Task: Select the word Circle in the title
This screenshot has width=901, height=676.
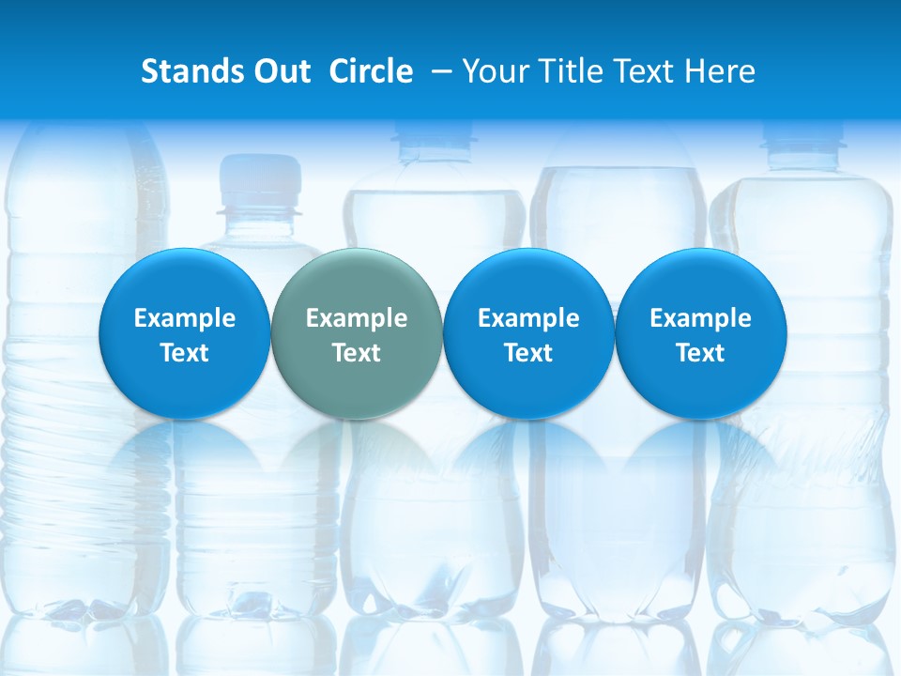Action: click(371, 71)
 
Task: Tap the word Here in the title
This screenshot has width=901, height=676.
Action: click(720, 71)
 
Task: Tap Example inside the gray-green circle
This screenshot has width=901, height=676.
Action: click(357, 318)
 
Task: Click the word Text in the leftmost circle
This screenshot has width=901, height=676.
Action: click(184, 353)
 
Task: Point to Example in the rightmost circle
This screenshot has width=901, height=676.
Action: click(701, 318)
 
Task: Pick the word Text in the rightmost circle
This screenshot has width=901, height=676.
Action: click(701, 353)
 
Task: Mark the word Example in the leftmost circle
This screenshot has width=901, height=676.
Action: click(184, 318)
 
